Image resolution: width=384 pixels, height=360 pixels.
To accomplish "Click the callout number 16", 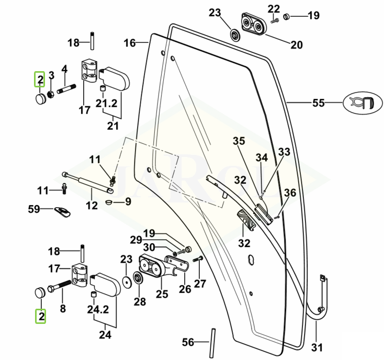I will point(130,43).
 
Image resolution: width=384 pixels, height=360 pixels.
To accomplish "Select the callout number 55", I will point(318,103).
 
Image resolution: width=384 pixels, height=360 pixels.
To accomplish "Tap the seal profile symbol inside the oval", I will point(360,103).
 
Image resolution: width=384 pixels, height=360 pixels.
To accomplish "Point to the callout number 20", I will point(296,45).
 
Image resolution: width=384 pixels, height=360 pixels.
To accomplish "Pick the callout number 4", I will point(64,69).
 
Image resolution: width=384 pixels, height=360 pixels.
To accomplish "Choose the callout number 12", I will point(92,206).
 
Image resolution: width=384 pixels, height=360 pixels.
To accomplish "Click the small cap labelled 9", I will point(109,201).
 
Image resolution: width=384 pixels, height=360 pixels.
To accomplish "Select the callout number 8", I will point(63,308).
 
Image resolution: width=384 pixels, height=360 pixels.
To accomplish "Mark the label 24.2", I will point(97,309).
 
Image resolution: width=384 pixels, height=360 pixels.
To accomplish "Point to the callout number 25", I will point(162,294).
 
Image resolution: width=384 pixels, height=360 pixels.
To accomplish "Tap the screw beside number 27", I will point(197,259).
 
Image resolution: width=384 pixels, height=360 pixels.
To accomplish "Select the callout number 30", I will point(149,248).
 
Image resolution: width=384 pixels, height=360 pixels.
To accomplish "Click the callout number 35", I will point(239,140).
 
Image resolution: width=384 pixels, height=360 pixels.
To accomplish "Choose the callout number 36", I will point(290,193).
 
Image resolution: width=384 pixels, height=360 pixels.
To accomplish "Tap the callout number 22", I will point(274,8).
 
